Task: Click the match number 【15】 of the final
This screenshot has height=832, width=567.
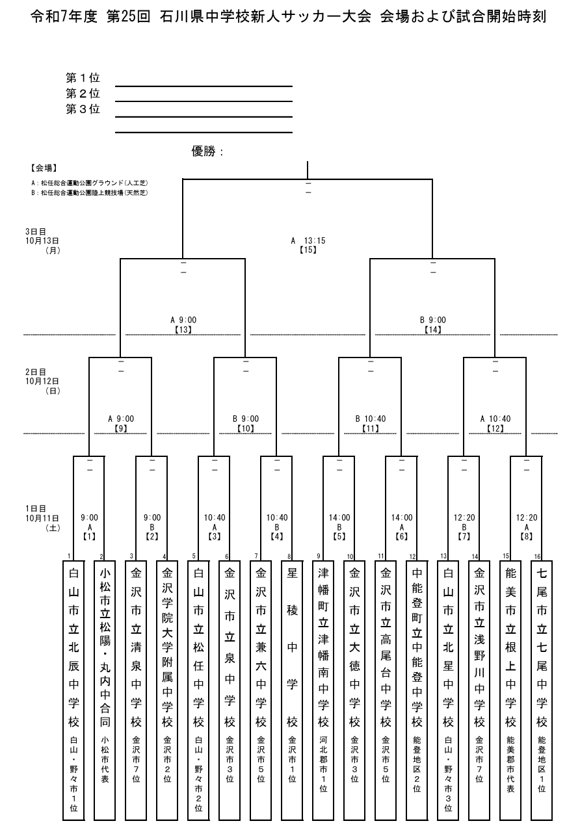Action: click(308, 250)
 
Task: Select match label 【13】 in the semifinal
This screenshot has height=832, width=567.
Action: click(183, 330)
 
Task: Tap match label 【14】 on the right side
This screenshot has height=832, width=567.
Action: click(433, 330)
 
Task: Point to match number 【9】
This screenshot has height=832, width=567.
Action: click(120, 429)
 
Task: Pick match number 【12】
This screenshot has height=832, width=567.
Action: click(495, 429)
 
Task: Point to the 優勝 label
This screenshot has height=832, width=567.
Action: click(207, 151)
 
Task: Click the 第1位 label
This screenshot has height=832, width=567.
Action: click(83, 78)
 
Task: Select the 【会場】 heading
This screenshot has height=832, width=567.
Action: click(44, 168)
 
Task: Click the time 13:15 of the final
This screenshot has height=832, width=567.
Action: click(314, 240)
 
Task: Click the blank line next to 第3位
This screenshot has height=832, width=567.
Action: click(204, 117)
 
